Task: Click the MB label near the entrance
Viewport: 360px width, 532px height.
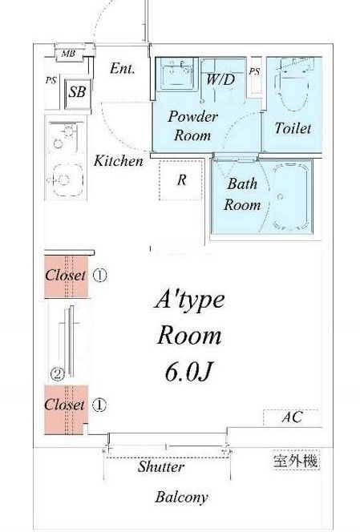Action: [68, 54]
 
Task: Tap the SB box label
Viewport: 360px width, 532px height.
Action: [78, 91]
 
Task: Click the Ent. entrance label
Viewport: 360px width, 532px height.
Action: [122, 69]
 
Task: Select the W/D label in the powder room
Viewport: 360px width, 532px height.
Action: [220, 79]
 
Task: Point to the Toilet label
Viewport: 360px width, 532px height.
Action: [293, 128]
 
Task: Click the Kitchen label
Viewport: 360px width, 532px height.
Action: [118, 160]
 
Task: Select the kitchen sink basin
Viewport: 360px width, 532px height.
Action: [67, 180]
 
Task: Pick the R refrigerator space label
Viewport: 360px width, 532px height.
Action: [182, 179]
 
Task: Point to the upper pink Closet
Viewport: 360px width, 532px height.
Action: [67, 276]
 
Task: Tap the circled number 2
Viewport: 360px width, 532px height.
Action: [58, 374]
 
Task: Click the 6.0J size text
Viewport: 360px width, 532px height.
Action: [189, 372]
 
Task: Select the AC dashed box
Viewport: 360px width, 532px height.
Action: [291, 417]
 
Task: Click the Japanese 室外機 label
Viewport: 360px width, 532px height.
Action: [296, 461]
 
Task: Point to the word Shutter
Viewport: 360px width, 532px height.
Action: [161, 467]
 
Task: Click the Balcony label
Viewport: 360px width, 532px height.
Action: [182, 498]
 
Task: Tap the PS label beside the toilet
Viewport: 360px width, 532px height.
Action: [254, 71]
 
